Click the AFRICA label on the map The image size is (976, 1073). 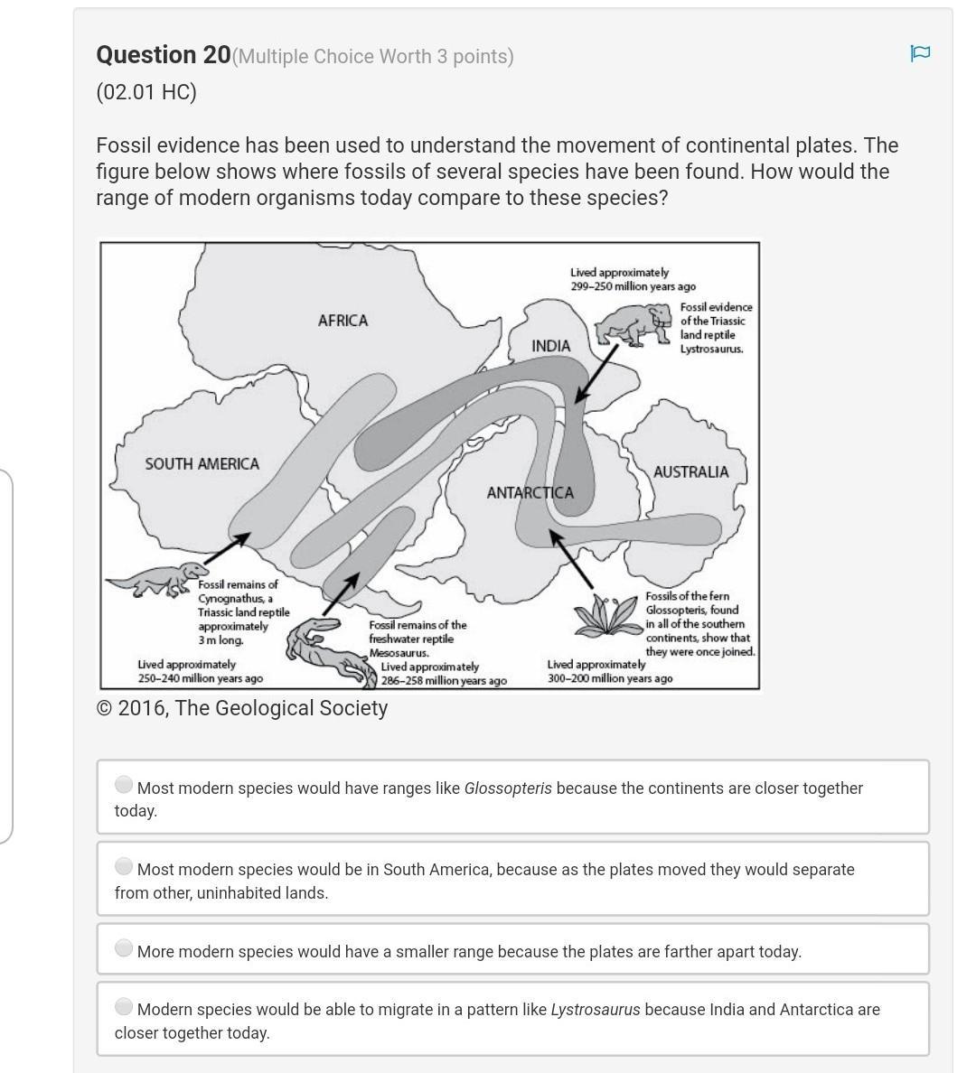tap(343, 321)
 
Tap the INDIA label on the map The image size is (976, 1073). tap(551, 346)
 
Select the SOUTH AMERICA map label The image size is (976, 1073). tap(202, 463)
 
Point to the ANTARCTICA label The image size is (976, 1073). tap(530, 492)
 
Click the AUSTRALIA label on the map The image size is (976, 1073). tap(690, 471)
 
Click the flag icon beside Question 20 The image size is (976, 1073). tap(920, 53)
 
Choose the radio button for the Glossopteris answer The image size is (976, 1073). tap(124, 785)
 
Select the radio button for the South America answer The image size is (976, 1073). tap(124, 866)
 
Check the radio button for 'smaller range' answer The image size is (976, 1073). tap(124, 948)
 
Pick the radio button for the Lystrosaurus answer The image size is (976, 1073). tap(124, 1006)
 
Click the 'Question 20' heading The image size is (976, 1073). tap(164, 55)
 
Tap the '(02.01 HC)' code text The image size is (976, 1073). tap(146, 92)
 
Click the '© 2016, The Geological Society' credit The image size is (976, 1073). tap(242, 708)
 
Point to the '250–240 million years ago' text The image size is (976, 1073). tap(201, 678)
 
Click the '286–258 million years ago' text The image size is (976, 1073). tap(444, 681)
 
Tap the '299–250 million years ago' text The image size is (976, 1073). tap(633, 286)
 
